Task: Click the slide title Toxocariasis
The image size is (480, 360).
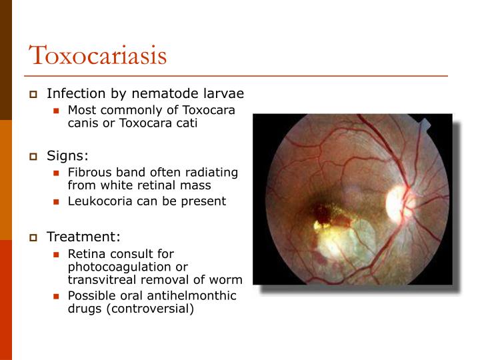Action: pyautogui.click(x=97, y=55)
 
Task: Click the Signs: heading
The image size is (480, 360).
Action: pyautogui.click(x=67, y=156)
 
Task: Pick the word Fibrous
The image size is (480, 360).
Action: pyautogui.click(x=90, y=172)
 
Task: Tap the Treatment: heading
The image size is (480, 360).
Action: pyautogui.click(x=83, y=237)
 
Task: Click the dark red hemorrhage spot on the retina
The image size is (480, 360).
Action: pyautogui.click(x=323, y=214)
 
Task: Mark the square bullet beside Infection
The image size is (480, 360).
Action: pyautogui.click(x=34, y=94)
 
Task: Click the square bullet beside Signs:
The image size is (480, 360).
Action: pyautogui.click(x=34, y=157)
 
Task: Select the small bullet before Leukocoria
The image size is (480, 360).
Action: pyautogui.click(x=57, y=201)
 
